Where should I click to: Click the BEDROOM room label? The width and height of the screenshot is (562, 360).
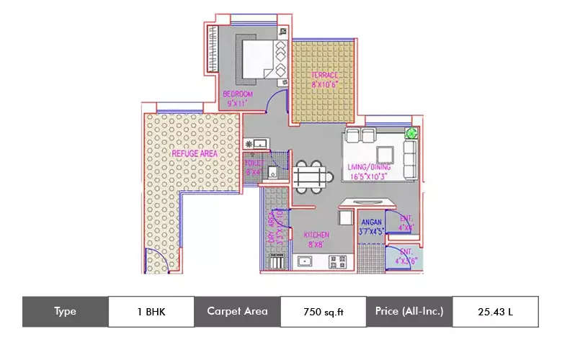pyautogui.click(x=238, y=94)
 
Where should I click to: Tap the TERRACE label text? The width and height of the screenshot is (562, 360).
pyautogui.click(x=325, y=76)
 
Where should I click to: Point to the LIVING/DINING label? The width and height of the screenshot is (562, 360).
pyautogui.click(x=369, y=168)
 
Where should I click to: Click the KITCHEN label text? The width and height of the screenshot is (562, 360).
pyautogui.click(x=317, y=235)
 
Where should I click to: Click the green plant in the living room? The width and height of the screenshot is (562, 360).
pyautogui.click(x=411, y=132)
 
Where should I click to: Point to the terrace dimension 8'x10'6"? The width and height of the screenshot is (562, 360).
pyautogui.click(x=325, y=85)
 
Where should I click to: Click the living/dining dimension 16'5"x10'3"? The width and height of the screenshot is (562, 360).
pyautogui.click(x=369, y=176)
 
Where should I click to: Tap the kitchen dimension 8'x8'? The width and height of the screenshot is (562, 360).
pyautogui.click(x=317, y=244)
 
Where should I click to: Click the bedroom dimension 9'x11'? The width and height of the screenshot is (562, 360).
pyautogui.click(x=238, y=103)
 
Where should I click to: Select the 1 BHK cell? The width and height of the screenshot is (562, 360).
pyautogui.click(x=151, y=312)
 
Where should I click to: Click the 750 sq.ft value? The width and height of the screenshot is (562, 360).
pyautogui.click(x=323, y=312)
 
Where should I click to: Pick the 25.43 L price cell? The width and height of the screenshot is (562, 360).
pyautogui.click(x=495, y=312)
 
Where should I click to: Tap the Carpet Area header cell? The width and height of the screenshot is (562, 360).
pyautogui.click(x=237, y=312)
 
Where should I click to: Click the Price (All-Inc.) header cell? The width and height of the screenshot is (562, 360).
pyautogui.click(x=409, y=312)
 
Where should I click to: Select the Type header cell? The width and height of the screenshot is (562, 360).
pyautogui.click(x=65, y=312)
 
